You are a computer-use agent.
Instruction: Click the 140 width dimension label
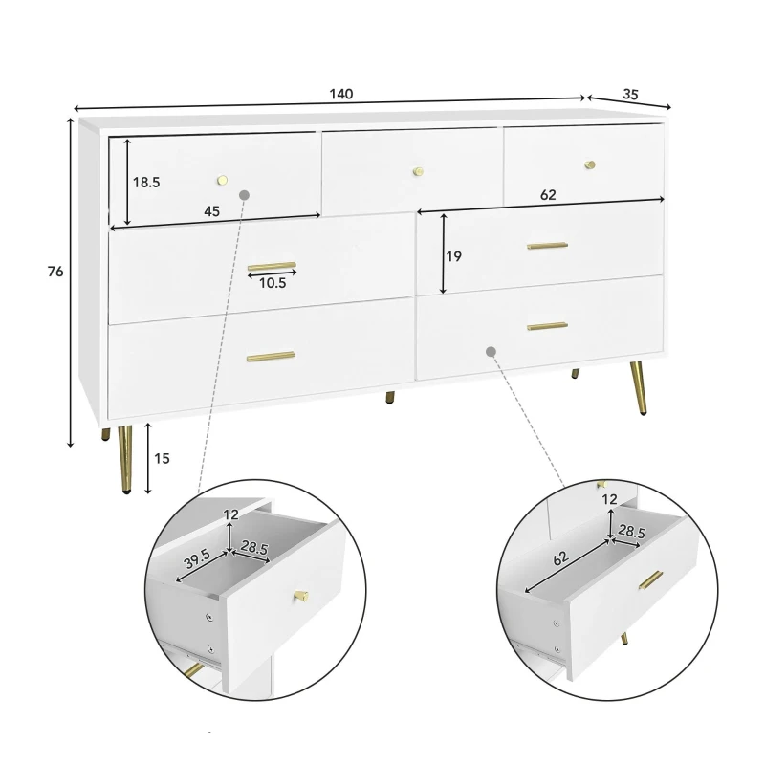(341, 94)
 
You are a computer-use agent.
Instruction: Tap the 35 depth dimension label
(630, 94)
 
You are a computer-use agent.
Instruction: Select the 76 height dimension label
(55, 272)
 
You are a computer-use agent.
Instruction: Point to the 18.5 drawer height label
(146, 183)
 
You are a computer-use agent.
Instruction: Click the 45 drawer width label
(211, 211)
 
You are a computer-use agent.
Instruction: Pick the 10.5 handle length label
(273, 283)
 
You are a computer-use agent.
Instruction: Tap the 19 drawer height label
(453, 256)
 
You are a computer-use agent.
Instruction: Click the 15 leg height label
(162, 458)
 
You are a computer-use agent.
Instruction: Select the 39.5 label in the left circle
(197, 558)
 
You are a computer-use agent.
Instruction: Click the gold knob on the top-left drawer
(223, 180)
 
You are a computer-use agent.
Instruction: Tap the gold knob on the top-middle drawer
(418, 171)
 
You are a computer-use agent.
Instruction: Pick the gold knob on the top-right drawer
(590, 164)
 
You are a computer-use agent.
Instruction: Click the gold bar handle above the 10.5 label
(272, 267)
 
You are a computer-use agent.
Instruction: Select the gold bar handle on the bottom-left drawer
(271, 356)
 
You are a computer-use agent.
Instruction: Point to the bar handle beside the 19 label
(547, 246)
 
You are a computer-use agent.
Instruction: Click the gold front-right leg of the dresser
(638, 388)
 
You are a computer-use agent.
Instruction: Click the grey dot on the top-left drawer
(245, 195)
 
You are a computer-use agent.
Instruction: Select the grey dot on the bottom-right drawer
(492, 351)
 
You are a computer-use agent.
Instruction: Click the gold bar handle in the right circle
(651, 579)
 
